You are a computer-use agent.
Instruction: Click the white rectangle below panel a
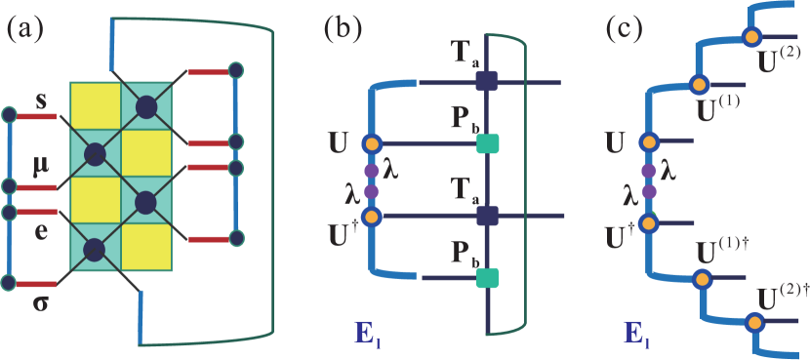tap(114, 340)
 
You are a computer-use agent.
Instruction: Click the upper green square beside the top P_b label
tap(487, 144)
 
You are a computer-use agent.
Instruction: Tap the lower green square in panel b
tap(487, 279)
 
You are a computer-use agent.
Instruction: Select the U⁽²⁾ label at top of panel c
tap(781, 60)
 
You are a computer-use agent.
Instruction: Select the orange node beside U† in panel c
tap(648, 222)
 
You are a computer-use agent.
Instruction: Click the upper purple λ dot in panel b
tap(370, 170)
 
